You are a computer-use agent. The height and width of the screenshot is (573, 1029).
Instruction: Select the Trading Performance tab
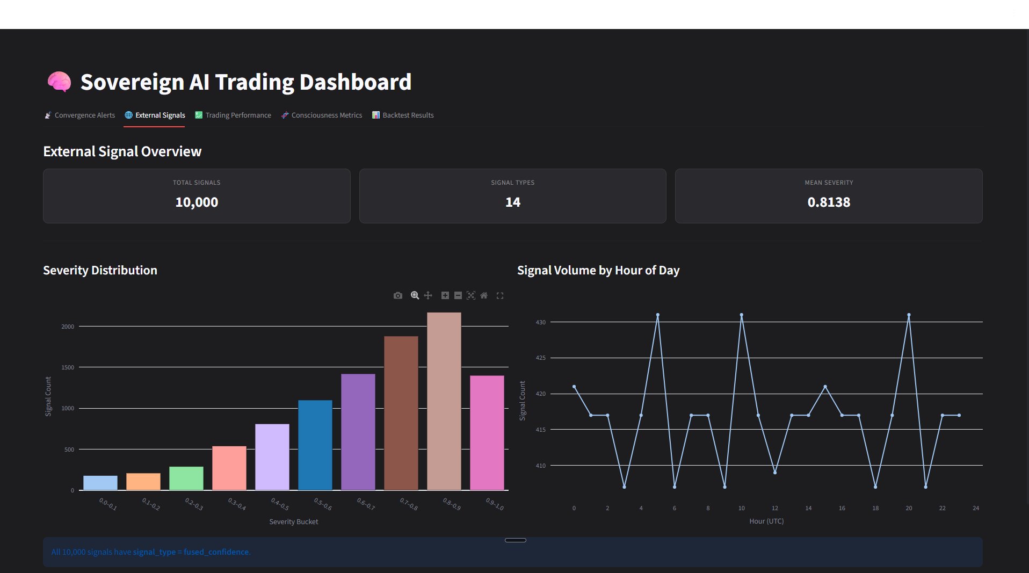pyautogui.click(x=233, y=115)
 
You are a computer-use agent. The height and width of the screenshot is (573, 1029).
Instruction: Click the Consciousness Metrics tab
pyautogui.click(x=322, y=115)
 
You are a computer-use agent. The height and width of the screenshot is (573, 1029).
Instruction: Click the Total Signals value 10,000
pyautogui.click(x=197, y=202)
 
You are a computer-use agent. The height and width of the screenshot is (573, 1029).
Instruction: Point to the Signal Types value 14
pyautogui.click(x=512, y=202)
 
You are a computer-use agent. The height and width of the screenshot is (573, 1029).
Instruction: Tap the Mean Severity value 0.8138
pyautogui.click(x=829, y=202)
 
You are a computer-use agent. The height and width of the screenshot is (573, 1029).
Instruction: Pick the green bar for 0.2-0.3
pyautogui.click(x=186, y=478)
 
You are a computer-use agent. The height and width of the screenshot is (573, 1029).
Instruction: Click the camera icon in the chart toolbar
pyautogui.click(x=397, y=295)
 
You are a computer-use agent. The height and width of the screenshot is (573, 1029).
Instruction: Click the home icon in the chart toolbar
pyautogui.click(x=484, y=295)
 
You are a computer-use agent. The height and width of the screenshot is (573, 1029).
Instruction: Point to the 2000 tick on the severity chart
pyautogui.click(x=68, y=327)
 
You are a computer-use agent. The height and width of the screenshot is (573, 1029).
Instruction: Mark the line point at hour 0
pyautogui.click(x=574, y=387)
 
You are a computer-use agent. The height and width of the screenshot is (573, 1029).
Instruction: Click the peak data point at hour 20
pyautogui.click(x=909, y=315)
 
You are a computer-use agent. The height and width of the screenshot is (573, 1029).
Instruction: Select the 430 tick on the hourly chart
pyautogui.click(x=540, y=322)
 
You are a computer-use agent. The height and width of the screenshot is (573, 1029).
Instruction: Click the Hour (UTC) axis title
pyautogui.click(x=766, y=521)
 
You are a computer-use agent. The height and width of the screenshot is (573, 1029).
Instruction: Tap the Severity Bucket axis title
pyautogui.click(x=294, y=521)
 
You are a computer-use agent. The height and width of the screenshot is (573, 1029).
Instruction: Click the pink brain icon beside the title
pyautogui.click(x=59, y=82)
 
